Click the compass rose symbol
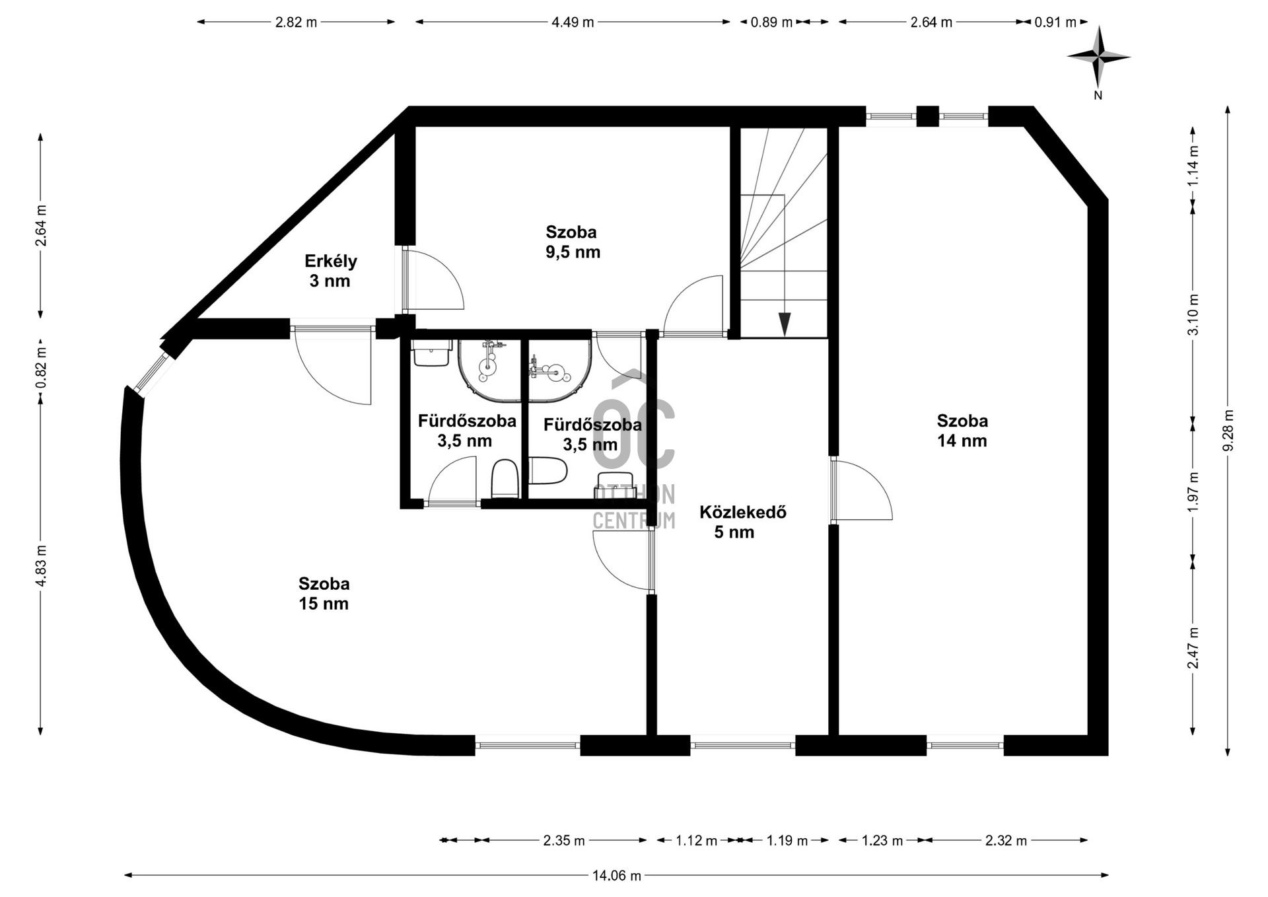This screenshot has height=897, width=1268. coord(1098,58)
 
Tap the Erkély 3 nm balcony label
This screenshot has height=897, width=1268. coord(330,271)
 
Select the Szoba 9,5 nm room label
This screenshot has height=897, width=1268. coord(572,242)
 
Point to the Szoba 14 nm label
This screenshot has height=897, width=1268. coord(962,431)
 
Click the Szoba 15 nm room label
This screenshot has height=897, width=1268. coord(324,593)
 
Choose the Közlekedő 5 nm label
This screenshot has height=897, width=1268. coord(742,522)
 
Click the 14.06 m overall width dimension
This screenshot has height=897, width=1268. coord(616,876)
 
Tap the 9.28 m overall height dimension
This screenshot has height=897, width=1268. coord(1228,431)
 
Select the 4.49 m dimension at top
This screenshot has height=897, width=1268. coord(573,22)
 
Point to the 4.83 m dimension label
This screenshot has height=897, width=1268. coord(41,566)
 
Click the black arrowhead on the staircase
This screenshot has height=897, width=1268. coord(784,324)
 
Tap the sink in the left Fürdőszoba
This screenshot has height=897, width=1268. coord(431,353)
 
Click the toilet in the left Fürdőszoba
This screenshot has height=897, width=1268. coord(505,479)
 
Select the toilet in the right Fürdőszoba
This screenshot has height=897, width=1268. coord(549,471)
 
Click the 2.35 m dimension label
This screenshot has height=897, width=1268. coord(564,841)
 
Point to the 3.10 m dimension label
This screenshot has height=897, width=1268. coord(1193,314)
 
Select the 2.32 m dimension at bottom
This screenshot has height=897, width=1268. coord(1006,841)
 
